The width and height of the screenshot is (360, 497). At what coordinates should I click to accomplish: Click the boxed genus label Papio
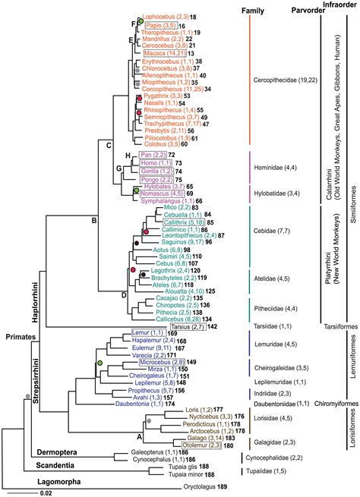click(154, 25)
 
